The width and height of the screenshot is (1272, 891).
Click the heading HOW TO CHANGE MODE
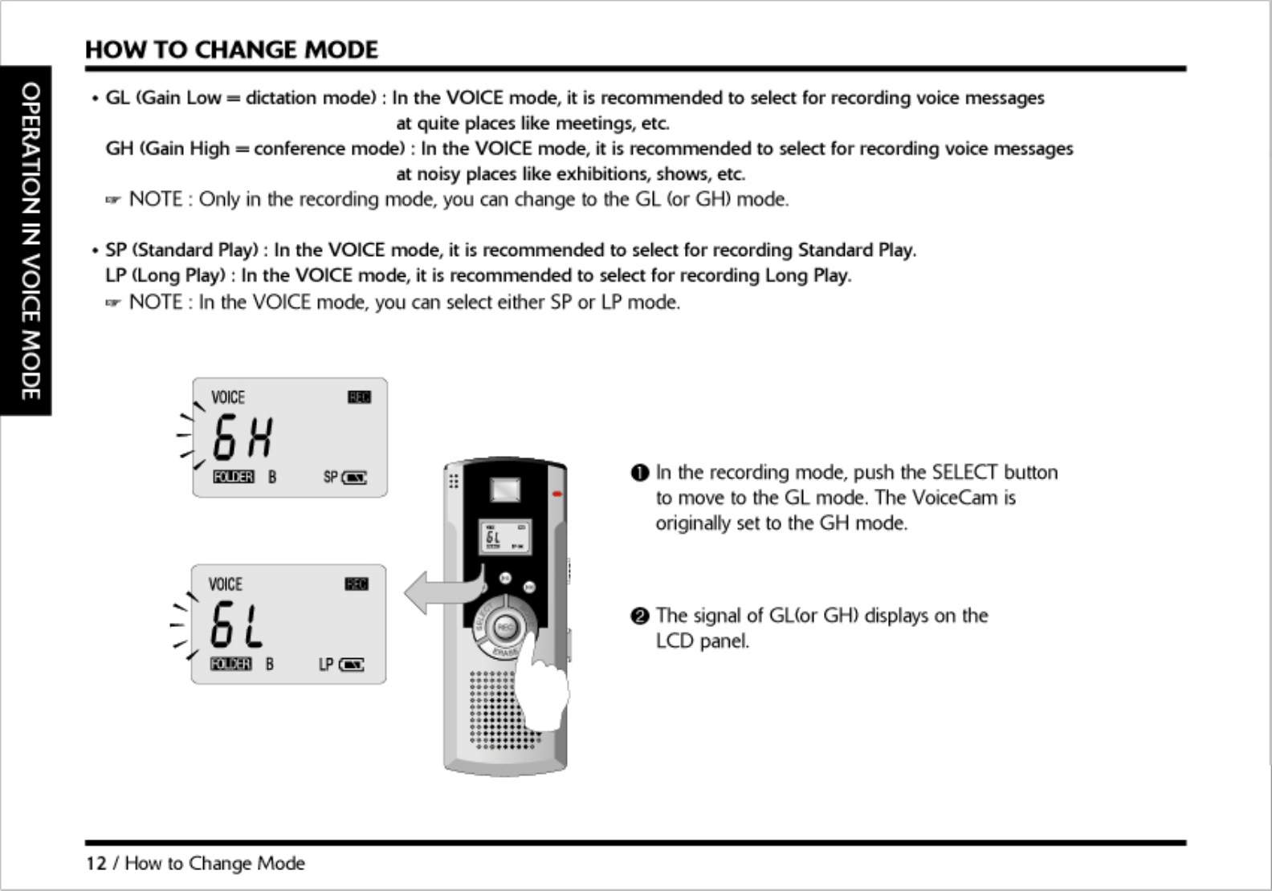tap(231, 50)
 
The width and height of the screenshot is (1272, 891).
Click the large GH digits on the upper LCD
tap(243, 438)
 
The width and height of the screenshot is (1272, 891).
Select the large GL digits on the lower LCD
tap(236, 625)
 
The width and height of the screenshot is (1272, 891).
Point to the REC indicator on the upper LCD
tap(359, 397)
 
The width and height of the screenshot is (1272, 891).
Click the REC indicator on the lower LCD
tap(356, 584)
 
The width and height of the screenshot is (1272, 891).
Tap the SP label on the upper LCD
tap(330, 478)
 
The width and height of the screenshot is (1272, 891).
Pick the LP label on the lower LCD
tap(325, 665)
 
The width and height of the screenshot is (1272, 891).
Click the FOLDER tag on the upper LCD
tap(233, 478)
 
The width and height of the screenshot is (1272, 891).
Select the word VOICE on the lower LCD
tap(225, 584)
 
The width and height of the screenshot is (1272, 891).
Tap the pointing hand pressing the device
tap(543, 691)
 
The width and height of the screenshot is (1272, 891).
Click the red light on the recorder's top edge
tap(556, 494)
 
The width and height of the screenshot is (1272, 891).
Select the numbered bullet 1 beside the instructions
tap(639, 473)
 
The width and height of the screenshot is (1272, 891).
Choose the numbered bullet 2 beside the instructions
tap(639, 616)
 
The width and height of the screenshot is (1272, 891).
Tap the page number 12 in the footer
tap(96, 864)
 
